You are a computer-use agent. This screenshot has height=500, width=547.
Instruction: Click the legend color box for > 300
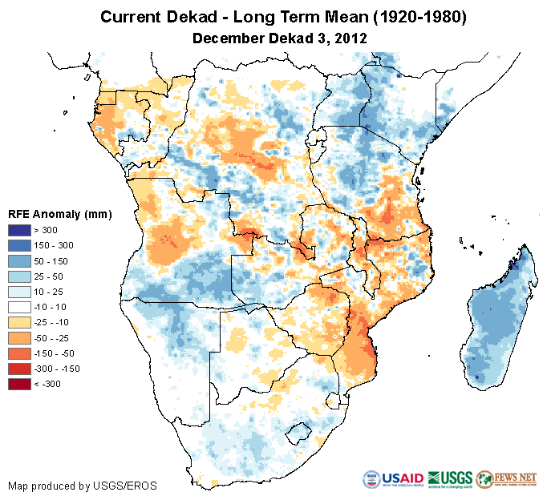coord(20,231)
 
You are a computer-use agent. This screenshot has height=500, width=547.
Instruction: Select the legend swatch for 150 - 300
coord(20,246)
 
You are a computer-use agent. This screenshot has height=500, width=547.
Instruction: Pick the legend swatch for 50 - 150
coord(20,261)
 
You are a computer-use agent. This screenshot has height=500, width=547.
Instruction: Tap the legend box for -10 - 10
coord(20,307)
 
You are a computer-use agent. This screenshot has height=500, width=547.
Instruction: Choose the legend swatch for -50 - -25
coord(20,337)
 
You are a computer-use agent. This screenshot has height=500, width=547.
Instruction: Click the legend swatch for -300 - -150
coord(20,369)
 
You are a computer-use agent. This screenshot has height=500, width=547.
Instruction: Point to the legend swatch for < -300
coord(20,384)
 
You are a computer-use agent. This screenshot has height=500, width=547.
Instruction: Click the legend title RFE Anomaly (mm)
coord(59,214)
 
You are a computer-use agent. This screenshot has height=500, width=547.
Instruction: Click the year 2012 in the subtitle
coord(350,38)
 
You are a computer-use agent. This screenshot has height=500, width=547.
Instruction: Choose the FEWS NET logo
coord(508,478)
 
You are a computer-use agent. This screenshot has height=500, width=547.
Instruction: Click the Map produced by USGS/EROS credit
coord(82,486)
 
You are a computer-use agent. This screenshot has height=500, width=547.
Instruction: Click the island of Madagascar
coord(498,321)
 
